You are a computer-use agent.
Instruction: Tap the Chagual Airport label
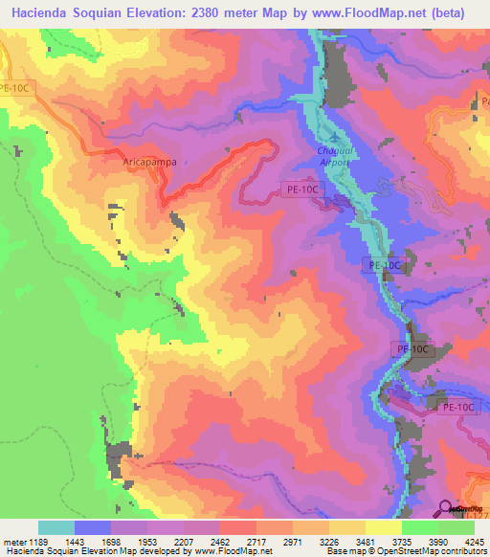pos(333,157)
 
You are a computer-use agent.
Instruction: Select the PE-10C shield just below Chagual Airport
pos(302,190)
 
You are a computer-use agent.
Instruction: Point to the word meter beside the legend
pos(13,542)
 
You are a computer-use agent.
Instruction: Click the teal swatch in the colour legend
pos(56,527)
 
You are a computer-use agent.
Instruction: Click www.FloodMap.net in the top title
pos(366,12)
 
